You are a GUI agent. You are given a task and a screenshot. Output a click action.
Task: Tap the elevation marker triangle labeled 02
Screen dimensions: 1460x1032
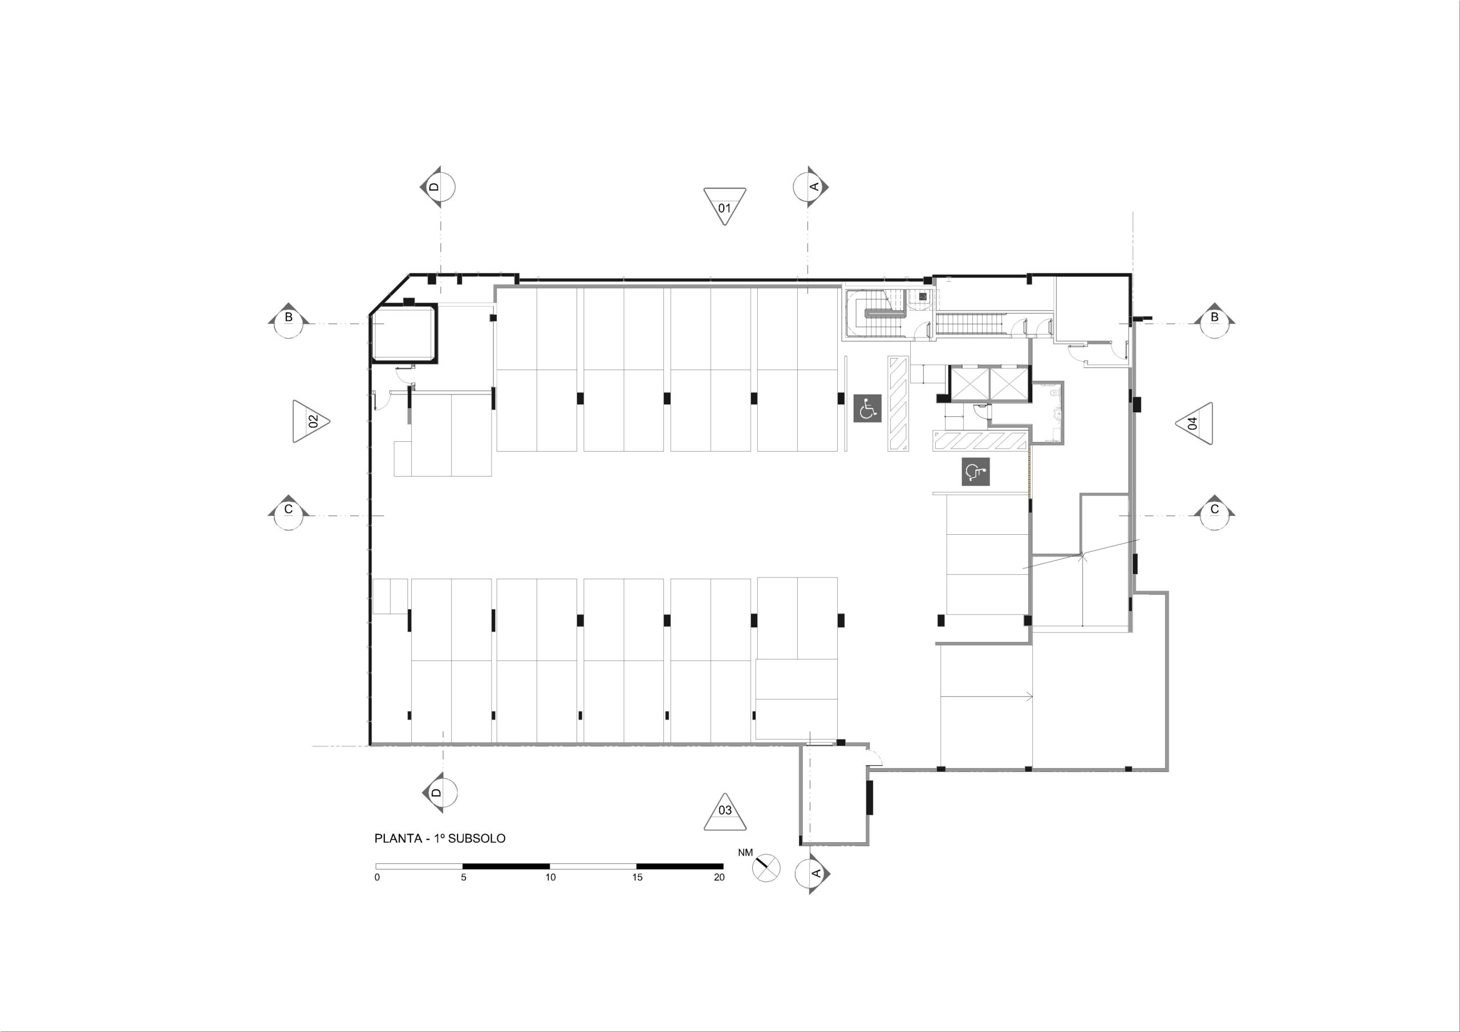click(x=310, y=421)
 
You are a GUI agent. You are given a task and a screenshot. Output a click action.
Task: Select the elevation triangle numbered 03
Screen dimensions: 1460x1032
click(x=725, y=813)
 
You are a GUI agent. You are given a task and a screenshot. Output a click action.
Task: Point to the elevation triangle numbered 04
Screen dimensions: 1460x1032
click(x=1194, y=422)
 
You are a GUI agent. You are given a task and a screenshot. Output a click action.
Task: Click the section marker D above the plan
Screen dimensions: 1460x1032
click(x=437, y=187)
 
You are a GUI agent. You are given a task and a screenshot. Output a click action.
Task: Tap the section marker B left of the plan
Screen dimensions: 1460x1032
click(x=289, y=320)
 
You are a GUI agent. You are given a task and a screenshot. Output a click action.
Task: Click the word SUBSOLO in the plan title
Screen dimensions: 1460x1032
click(x=477, y=838)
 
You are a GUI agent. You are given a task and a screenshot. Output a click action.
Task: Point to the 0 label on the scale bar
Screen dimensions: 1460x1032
click(x=377, y=877)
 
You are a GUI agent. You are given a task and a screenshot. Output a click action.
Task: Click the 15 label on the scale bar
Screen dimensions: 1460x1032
click(x=637, y=877)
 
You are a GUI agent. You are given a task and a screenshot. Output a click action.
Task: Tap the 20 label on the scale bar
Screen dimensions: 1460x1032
click(x=719, y=877)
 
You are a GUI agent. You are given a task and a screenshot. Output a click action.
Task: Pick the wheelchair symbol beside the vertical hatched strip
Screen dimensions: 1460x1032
click(x=867, y=408)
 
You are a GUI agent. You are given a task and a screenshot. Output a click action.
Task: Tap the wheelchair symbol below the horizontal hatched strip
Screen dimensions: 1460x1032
click(x=975, y=472)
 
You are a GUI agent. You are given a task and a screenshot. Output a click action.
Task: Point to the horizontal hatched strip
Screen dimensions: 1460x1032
click(x=980, y=441)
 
